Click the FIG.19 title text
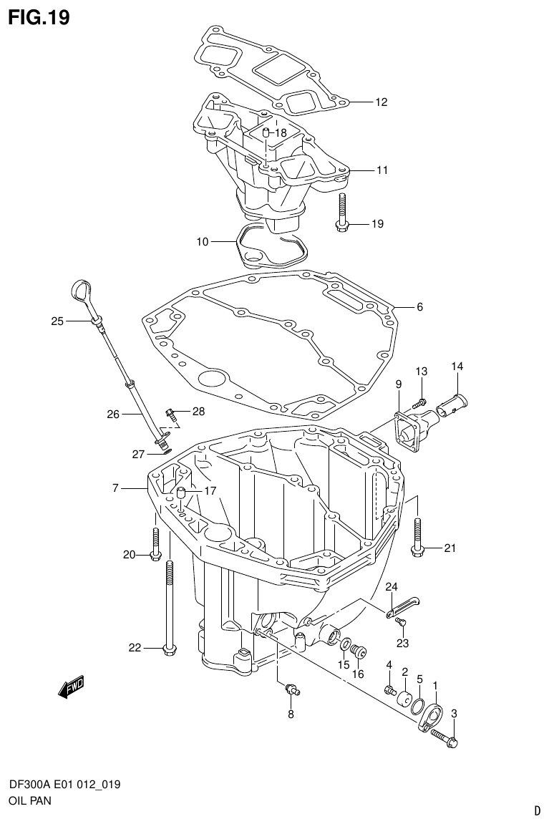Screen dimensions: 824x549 tap(39, 17)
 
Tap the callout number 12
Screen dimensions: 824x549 tap(381, 102)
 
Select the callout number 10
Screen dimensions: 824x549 tap(202, 242)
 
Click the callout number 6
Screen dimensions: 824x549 tap(419, 307)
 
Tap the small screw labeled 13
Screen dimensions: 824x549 tap(422, 402)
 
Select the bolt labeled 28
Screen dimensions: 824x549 tap(171, 413)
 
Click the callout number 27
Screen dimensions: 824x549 tap(137, 454)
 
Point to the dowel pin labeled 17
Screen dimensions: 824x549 tap(181, 493)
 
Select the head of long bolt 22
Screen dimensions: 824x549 tap(169, 649)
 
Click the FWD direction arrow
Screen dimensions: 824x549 tap(72, 688)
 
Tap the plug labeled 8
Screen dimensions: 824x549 tap(291, 689)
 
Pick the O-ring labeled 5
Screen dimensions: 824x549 tap(419, 706)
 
